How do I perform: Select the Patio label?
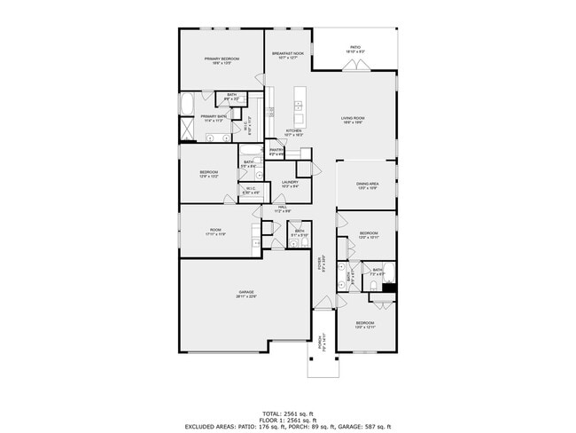[354, 50]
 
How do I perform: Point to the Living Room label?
[354, 120]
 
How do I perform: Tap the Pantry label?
[276, 152]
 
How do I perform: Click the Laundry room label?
[290, 185]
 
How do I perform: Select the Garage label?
[245, 294]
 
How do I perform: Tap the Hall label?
[281, 209]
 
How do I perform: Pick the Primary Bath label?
[214, 118]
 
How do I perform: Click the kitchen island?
[300, 106]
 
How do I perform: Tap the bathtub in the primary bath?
[188, 105]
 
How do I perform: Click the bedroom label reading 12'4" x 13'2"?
[209, 175]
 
